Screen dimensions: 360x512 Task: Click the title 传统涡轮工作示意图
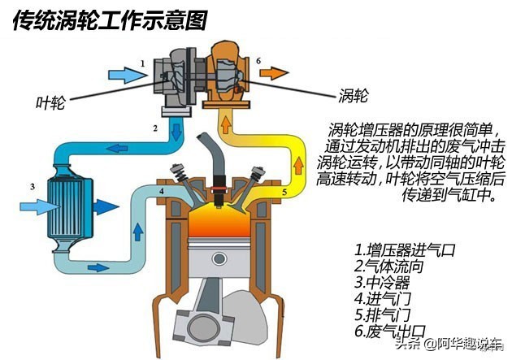pos(110,18)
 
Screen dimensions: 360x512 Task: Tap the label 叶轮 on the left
pos(51,102)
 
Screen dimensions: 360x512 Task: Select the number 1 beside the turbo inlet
pos(143,63)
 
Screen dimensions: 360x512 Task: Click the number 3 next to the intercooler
pos(33,186)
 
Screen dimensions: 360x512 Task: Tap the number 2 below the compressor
pos(154,128)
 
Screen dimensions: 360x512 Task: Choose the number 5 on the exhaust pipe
pos(284,193)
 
